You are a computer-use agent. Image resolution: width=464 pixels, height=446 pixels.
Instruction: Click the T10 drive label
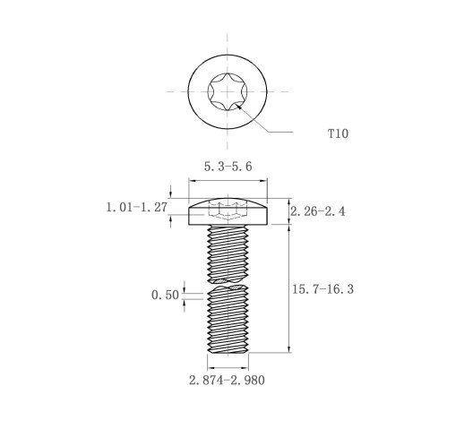(338, 133)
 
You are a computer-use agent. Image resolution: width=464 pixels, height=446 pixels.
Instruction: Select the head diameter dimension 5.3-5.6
(228, 167)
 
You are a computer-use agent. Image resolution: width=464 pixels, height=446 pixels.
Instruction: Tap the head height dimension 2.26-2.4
(318, 211)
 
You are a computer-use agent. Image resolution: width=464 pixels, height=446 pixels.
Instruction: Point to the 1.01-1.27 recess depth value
(137, 207)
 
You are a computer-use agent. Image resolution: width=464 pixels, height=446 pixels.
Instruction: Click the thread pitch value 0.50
(165, 295)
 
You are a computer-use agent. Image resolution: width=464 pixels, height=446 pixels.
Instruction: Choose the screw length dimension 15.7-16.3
(322, 289)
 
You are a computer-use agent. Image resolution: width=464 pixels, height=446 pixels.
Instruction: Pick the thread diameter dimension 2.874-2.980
(227, 381)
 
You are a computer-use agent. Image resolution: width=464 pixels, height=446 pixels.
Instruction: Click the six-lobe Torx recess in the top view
(228, 91)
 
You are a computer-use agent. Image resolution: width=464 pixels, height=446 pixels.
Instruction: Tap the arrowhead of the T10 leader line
(239, 107)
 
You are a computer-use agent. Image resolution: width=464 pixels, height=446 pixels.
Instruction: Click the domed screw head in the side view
(228, 211)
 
